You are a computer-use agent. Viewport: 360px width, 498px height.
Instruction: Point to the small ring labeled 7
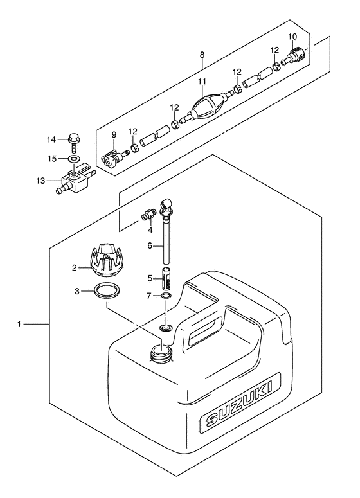166,296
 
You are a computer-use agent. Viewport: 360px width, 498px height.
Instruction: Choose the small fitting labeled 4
148,215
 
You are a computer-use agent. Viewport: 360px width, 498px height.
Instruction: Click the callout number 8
202,55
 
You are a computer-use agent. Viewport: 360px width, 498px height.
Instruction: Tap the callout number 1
19,325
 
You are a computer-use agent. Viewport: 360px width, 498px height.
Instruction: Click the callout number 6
150,246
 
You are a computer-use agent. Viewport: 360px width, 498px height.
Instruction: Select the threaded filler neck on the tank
162,353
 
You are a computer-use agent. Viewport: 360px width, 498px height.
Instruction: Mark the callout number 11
202,82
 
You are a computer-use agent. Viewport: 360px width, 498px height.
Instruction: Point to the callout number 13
41,181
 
